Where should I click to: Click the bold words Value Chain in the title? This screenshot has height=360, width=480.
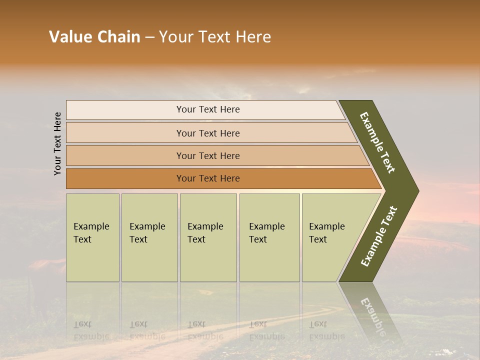point(94,37)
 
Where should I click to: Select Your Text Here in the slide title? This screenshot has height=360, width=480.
point(215,37)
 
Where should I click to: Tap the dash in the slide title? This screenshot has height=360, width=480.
point(149,37)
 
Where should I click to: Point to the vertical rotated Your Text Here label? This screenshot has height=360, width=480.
point(57,143)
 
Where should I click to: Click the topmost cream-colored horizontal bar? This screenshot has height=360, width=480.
point(207,109)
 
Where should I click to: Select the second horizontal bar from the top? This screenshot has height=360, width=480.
point(207,133)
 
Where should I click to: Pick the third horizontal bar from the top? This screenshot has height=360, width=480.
point(207,155)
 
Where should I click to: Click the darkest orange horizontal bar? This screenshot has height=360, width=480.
point(207,178)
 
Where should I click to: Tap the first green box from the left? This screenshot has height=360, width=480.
point(92,237)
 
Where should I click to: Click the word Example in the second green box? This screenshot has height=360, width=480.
point(147,226)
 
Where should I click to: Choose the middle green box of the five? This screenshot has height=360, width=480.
point(208,237)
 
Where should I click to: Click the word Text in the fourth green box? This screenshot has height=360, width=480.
point(258,239)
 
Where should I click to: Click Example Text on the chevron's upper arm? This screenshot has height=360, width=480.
point(377,142)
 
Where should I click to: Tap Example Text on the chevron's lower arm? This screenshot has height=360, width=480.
point(379,236)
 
